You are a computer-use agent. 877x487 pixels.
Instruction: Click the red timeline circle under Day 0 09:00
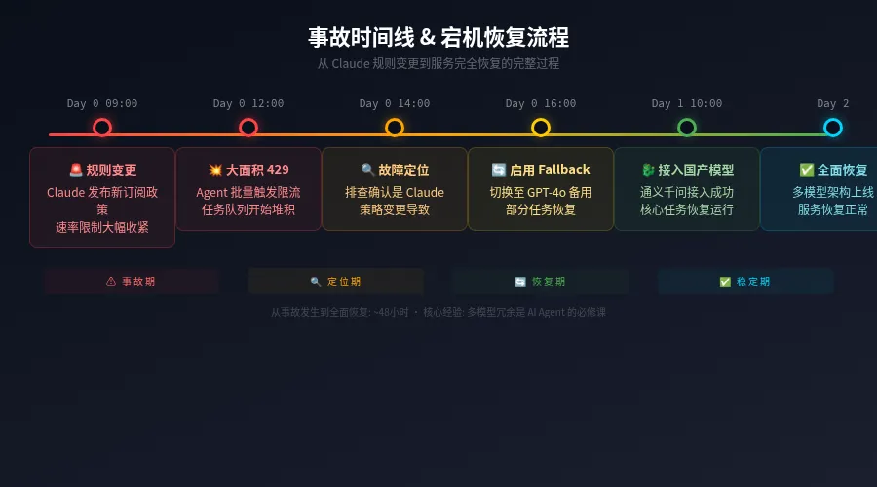102,128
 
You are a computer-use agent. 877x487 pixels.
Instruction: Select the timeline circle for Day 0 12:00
248,128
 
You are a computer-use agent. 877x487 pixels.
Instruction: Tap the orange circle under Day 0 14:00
395,128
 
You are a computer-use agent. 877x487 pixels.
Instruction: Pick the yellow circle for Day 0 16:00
541,128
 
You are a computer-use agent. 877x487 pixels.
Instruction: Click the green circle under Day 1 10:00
687,128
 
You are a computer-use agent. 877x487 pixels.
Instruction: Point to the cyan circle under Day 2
832,128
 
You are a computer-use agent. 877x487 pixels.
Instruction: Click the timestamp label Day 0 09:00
102,103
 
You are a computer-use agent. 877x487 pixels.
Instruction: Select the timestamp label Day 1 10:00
687,103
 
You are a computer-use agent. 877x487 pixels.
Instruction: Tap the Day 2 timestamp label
832,103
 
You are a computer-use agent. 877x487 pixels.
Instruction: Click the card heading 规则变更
102,170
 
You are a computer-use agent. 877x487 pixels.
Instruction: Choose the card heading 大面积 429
248,169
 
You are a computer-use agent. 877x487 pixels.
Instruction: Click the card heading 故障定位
395,169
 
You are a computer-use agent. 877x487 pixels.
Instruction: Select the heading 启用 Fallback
541,169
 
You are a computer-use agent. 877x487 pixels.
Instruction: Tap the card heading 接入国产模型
687,169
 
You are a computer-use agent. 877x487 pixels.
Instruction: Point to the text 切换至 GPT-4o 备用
541,192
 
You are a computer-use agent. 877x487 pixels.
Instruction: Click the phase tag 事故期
131,281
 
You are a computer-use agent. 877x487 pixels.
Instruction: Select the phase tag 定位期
335,281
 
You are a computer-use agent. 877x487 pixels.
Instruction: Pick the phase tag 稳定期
744,281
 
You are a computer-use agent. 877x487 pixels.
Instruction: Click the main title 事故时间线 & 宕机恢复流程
438,38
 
